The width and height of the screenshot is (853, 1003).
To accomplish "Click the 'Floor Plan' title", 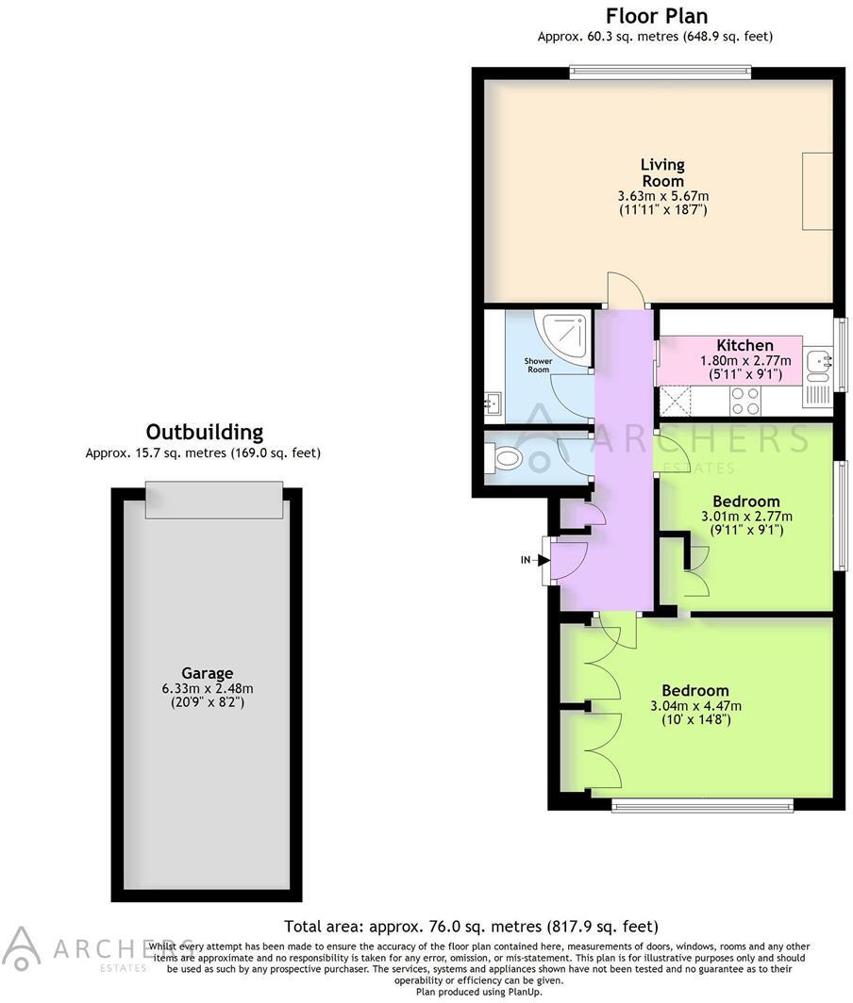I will pos(656,16).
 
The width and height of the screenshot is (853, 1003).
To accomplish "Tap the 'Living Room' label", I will pos(662,173).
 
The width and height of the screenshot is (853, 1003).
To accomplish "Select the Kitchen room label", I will pos(744,345).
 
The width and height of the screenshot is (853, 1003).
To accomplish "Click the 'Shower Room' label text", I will pos(538,365).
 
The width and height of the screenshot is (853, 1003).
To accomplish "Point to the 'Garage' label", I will pos(208,673).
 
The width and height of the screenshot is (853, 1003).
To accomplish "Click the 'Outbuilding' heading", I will pos(203,433).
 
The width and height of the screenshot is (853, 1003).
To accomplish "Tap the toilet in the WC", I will pos(505,458).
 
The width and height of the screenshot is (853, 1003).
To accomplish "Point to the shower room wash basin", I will pos(492,404).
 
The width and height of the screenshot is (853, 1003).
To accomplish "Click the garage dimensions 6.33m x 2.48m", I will pos(208,688).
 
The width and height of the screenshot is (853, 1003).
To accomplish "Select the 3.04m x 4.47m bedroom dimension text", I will pos(694,706).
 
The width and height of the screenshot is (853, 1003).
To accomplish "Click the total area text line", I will pos(471,927).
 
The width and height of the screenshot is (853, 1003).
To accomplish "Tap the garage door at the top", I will pos(214,500).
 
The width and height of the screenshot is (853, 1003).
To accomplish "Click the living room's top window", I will pos(660,68).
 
